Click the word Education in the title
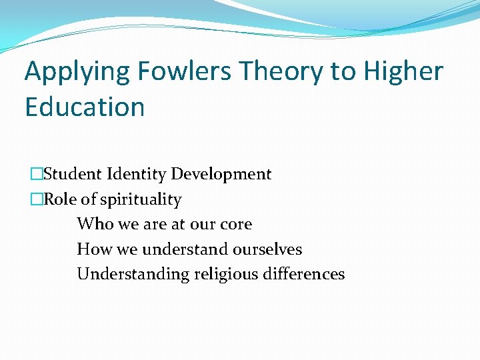coord(85,107)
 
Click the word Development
coord(221,175)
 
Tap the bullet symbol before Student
coord(36,175)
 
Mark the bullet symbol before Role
coord(36,199)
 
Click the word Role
coord(59,199)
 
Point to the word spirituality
coord(140,200)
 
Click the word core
coord(236,225)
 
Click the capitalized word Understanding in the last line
coord(133,275)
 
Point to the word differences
coord(307,274)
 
